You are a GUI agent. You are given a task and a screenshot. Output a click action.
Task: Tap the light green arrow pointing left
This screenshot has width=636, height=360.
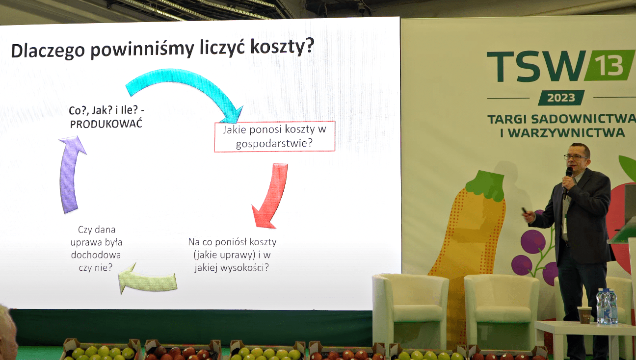pyautogui.click(x=148, y=280)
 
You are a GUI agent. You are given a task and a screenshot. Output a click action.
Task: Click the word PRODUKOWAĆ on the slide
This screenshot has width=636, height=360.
pyautogui.click(x=106, y=124)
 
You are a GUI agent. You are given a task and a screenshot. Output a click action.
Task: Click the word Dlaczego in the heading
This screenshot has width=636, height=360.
pyautogui.click(x=48, y=51)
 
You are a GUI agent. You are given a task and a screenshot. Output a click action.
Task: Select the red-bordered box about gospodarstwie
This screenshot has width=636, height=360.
pyautogui.click(x=274, y=136)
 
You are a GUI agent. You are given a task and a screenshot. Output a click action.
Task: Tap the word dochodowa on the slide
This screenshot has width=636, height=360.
pyautogui.click(x=96, y=255)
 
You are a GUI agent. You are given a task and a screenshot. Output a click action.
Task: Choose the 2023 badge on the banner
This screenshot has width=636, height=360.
pyautogui.click(x=561, y=98)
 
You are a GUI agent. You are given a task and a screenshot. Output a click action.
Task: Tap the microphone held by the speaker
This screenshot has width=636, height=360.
pyautogui.click(x=567, y=181)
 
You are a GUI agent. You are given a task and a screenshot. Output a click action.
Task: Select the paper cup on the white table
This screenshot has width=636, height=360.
pyautogui.click(x=584, y=315)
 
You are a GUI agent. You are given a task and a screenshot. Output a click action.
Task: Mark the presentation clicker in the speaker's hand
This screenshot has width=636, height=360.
pyautogui.click(x=525, y=211)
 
